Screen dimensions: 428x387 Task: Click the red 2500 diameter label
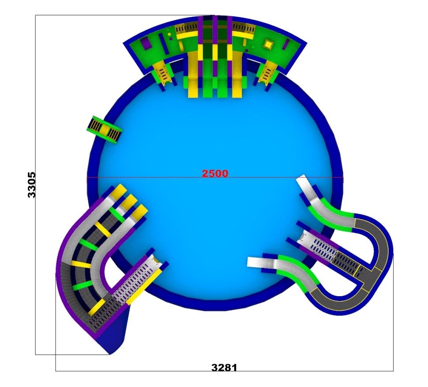tap(215, 173)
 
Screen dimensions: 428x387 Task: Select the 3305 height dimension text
tap(32, 185)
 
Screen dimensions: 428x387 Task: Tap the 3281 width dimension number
tap(224, 368)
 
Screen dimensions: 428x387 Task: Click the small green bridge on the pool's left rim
tap(104, 130)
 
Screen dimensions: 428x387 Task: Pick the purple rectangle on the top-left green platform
tap(145, 44)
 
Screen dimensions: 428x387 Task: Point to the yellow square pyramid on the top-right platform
tap(268, 44)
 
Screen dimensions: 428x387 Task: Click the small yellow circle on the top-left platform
tap(169, 34)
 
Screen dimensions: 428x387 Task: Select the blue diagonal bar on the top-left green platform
tap(163, 44)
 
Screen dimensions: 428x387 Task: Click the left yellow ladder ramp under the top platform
tap(163, 73)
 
